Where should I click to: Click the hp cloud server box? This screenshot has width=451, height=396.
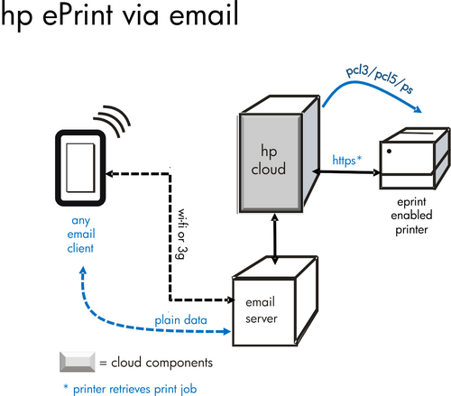pos(278,155)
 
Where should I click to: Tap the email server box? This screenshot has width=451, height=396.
pos(274,301)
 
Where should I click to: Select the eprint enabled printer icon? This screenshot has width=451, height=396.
pos(415,159)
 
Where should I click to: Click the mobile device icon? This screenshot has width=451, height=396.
pos(80,168)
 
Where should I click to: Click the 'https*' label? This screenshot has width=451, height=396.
pos(346,160)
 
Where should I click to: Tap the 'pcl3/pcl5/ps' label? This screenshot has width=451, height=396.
pos(380,78)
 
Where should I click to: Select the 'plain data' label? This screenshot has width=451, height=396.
pos(180,320)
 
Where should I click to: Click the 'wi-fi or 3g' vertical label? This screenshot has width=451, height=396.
pos(182,234)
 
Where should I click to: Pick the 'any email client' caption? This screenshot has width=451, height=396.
pos(81,235)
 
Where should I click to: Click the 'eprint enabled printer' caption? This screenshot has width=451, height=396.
pos(411,216)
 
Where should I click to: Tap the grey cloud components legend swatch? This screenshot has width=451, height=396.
pos(78,362)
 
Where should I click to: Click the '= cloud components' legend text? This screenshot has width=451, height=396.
pos(156,363)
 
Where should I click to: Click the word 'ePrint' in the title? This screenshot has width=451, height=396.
pos(78,14)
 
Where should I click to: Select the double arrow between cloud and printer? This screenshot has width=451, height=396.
pos(346,172)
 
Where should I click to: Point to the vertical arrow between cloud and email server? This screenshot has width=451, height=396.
pos(274,239)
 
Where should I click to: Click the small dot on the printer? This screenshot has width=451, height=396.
pos(389,152)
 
